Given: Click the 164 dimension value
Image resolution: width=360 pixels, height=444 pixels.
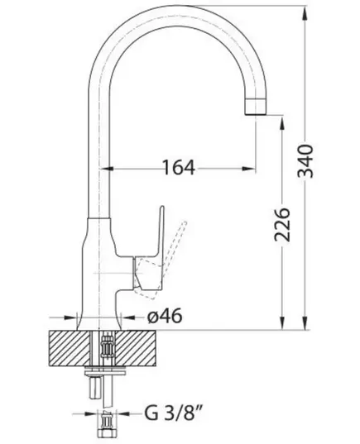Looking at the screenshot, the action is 179,168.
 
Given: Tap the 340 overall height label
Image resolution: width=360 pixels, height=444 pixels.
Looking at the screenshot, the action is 305,161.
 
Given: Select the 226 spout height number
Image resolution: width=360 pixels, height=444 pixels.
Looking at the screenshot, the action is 282,225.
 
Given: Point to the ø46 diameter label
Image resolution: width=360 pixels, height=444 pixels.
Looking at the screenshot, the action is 165,317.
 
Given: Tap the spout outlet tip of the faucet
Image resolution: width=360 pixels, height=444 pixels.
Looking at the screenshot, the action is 256,107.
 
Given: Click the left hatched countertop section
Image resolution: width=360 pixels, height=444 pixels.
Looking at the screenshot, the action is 70,349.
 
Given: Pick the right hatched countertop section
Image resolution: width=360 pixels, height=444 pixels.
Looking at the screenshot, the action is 136,349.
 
